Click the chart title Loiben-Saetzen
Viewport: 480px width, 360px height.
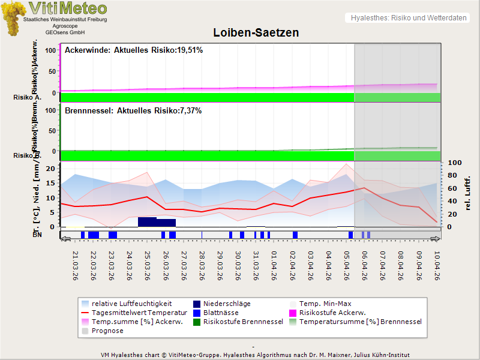pyautogui.click(x=256, y=32)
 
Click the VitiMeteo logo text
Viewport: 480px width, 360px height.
pyautogui.click(x=68, y=8)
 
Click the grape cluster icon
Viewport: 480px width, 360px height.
pyautogui.click(x=13, y=18)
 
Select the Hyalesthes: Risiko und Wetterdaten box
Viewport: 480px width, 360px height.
pyautogui.click(x=407, y=18)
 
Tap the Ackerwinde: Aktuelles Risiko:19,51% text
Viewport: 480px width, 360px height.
pyautogui.click(x=133, y=50)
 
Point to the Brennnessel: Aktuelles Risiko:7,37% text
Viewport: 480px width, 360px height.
pyautogui.click(x=133, y=111)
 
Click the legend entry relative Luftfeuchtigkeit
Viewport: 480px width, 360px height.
pyautogui.click(x=131, y=304)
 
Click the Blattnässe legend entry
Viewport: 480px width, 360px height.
pyautogui.click(x=221, y=313)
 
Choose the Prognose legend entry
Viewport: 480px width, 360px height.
pyautogui.click(x=107, y=331)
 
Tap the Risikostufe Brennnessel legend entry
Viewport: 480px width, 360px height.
pyautogui.click(x=243, y=322)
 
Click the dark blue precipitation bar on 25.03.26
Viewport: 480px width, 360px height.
pyautogui.click(x=147, y=222)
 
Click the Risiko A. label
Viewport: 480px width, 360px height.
pyautogui.click(x=27, y=97)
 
